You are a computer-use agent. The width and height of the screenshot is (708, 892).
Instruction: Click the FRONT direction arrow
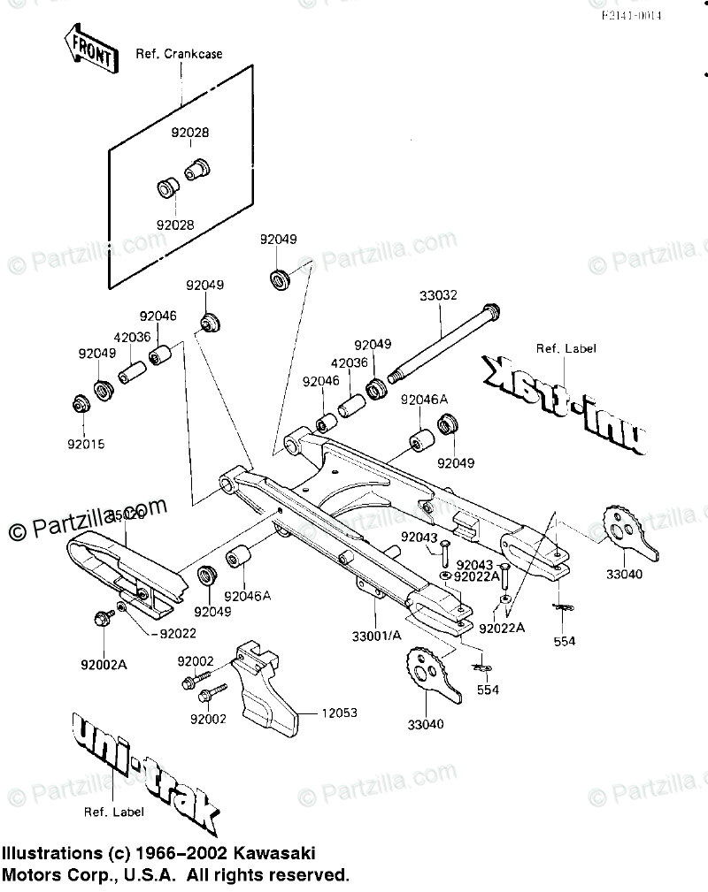(x=89, y=49)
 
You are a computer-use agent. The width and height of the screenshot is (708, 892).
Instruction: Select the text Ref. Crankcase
(x=178, y=54)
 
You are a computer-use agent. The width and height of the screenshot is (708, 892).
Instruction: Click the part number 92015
(x=86, y=445)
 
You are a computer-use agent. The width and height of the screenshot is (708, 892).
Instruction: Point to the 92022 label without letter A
(x=178, y=633)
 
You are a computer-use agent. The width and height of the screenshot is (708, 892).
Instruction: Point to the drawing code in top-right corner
(x=632, y=16)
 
